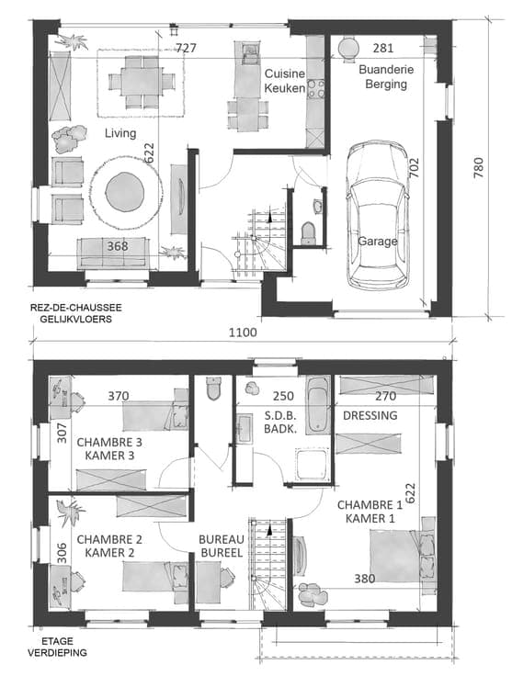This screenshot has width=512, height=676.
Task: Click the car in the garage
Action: pyautogui.click(x=378, y=215)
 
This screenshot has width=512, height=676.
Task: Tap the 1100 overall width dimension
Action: pyautogui.click(x=243, y=332)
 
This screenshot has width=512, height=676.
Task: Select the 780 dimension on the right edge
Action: pyautogui.click(x=478, y=168)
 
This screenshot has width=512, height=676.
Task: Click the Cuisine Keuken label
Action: pyautogui.click(x=285, y=81)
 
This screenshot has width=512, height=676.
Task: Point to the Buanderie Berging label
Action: pyautogui.click(x=386, y=76)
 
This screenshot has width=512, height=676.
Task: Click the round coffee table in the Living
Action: pyautogui.click(x=125, y=192)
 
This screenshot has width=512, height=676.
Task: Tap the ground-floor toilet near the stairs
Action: pyautogui.click(x=308, y=233)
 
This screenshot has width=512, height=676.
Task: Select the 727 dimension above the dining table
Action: pyautogui.click(x=186, y=48)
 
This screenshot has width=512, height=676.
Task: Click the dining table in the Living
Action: pyautogui.click(x=142, y=82)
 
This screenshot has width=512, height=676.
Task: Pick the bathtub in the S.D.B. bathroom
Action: pyautogui.click(x=318, y=405)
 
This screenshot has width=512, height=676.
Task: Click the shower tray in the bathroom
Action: pyautogui.click(x=313, y=465)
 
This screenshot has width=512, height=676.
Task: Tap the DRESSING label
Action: pyautogui.click(x=370, y=415)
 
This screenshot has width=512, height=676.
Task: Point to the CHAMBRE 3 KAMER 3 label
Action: pyautogui.click(x=109, y=449)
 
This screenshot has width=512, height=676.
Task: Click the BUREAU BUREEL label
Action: pyautogui.click(x=222, y=546)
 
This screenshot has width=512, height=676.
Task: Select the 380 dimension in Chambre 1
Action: pyautogui.click(x=365, y=579)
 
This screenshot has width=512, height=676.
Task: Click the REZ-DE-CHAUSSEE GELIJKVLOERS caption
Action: pyautogui.click(x=76, y=313)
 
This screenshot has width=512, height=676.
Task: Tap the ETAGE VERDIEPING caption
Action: pyautogui.click(x=57, y=647)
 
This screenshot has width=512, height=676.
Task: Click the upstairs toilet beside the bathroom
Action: pyautogui.click(x=213, y=388)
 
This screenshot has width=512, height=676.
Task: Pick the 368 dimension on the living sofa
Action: pyautogui.click(x=118, y=246)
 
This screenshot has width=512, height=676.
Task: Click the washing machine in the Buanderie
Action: pyautogui.click(x=347, y=48)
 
